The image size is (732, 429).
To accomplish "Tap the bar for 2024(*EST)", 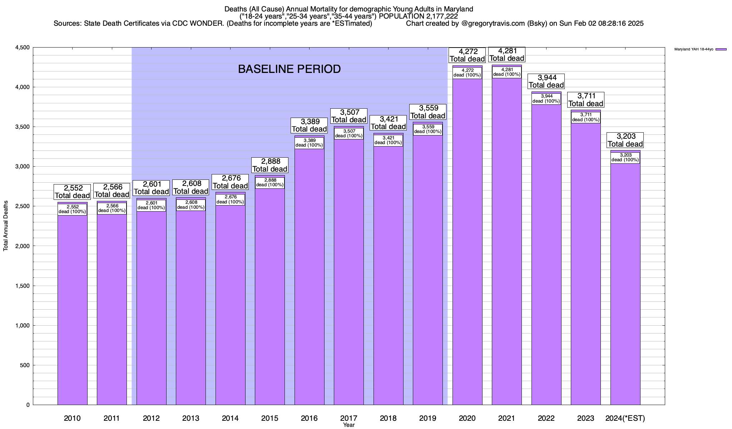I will click(x=625, y=286).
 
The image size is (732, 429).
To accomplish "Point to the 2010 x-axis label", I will click(x=72, y=418).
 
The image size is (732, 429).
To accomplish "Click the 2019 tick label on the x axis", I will click(x=427, y=418).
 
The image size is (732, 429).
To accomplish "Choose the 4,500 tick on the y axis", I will click(x=22, y=48).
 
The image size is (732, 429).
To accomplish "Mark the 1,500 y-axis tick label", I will click(x=22, y=286).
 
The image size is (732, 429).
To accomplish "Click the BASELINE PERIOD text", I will click(x=289, y=69).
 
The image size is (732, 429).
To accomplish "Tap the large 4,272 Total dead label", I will click(x=467, y=55).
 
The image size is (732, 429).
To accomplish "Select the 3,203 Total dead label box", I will click(x=625, y=140).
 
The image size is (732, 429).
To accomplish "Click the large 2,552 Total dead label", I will click(x=72, y=192).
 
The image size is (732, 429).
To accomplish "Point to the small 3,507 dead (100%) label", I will click(x=348, y=133).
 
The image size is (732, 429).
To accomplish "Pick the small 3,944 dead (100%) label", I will click(x=546, y=99).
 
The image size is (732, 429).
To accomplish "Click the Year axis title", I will click(x=348, y=425).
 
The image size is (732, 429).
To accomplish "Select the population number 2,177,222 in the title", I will click(x=442, y=16).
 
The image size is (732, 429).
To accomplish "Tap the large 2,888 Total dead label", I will click(x=269, y=165).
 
